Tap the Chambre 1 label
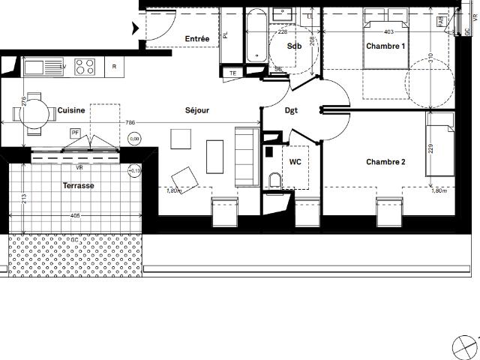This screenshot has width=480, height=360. click(x=385, y=46)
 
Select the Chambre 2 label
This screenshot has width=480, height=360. click(x=385, y=162)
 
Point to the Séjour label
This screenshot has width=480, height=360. click(x=196, y=110)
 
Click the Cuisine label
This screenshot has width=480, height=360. click(x=71, y=110)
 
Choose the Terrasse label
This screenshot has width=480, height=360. click(x=79, y=185)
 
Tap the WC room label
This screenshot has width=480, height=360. click(x=295, y=161)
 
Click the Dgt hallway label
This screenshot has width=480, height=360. click(x=291, y=110)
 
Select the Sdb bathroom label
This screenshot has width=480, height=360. click(x=294, y=46)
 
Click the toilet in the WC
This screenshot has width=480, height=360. click(x=274, y=180)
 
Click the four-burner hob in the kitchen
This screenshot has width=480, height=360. click(x=85, y=67)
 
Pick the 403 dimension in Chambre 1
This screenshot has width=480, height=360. click(x=388, y=32)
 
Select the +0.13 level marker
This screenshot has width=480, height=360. click(x=135, y=170)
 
